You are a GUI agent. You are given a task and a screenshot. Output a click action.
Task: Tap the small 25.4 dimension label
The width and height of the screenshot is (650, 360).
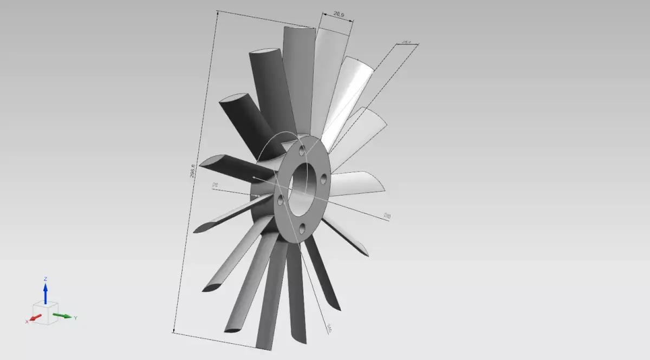point(406,41)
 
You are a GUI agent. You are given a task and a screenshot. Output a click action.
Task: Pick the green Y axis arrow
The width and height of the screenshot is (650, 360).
point(63,316)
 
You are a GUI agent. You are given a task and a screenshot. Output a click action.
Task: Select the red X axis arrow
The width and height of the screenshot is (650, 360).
point(36,318)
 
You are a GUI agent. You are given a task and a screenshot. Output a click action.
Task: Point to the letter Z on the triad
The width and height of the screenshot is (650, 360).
point(45,279)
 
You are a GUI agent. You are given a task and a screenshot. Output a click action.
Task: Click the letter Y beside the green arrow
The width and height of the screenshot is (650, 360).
point(75,318)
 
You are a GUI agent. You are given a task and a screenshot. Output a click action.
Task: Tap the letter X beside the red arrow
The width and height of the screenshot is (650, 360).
point(27,322)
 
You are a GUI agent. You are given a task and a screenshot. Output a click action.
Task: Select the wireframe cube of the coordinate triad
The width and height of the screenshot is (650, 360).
point(47,313)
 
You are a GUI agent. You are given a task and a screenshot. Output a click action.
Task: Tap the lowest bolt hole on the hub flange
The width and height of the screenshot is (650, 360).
point(302,229)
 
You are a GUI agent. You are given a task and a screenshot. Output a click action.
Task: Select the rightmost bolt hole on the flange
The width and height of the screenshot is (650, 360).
point(323,178)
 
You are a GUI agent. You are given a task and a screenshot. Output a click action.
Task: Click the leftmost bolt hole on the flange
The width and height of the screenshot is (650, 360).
point(281,200)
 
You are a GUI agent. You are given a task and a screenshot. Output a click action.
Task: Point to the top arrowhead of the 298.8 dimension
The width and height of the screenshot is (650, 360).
point(217,12)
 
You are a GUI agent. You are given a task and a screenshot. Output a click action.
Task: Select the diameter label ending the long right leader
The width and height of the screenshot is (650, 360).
point(387,216)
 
